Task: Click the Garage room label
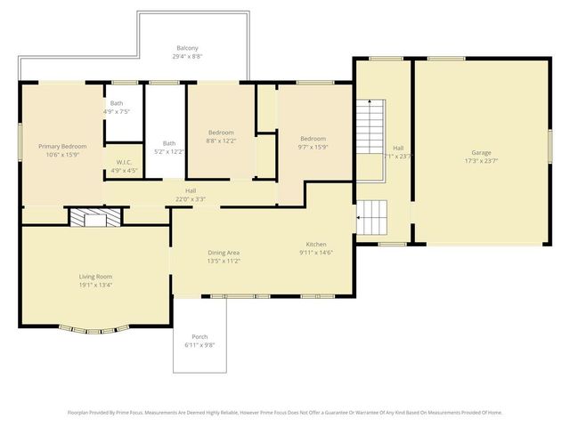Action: coord(481,153)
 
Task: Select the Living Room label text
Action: coord(95,278)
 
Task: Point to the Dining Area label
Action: coord(224,253)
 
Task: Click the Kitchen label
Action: coord(316,245)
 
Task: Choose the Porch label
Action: coord(199,336)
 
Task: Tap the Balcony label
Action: coord(187,48)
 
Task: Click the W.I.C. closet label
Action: coord(124,162)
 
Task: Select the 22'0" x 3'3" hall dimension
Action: coord(191,199)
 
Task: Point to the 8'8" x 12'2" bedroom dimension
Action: coord(221,141)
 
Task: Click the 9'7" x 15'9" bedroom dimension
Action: coord(313,147)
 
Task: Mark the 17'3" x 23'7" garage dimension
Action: coord(481,162)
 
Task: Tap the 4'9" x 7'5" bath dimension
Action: coord(117,112)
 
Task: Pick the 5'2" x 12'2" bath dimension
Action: coord(169,152)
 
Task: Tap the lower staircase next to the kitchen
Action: coord(373,217)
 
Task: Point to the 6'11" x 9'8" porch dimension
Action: coord(199,345)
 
